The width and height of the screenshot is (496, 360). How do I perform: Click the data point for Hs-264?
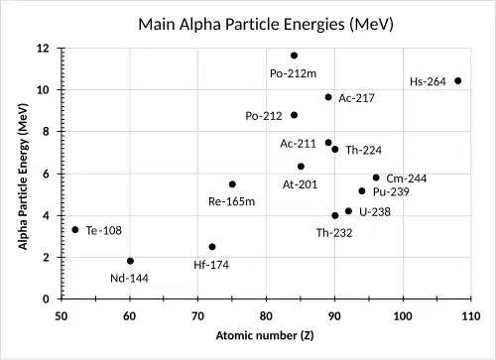(457, 80)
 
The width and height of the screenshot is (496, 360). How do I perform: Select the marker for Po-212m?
(294, 56)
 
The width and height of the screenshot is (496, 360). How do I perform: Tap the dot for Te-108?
(74, 229)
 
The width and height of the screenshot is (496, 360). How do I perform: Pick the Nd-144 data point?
(130, 261)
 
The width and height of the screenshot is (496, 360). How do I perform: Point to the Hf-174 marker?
(211, 247)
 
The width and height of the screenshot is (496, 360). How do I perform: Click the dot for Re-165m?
(232, 183)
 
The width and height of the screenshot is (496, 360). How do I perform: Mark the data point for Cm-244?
(376, 178)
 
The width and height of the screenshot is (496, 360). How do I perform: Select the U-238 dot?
(348, 211)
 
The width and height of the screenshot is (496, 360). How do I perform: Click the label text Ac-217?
(355, 98)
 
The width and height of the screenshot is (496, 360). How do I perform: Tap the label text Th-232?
(334, 232)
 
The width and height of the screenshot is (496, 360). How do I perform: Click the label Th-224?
(364, 151)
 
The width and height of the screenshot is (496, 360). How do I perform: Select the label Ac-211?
(298, 143)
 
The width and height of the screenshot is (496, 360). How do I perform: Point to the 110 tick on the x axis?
(471, 315)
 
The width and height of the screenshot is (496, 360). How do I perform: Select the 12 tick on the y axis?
(44, 48)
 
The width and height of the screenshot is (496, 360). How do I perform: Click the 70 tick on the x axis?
(198, 315)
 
